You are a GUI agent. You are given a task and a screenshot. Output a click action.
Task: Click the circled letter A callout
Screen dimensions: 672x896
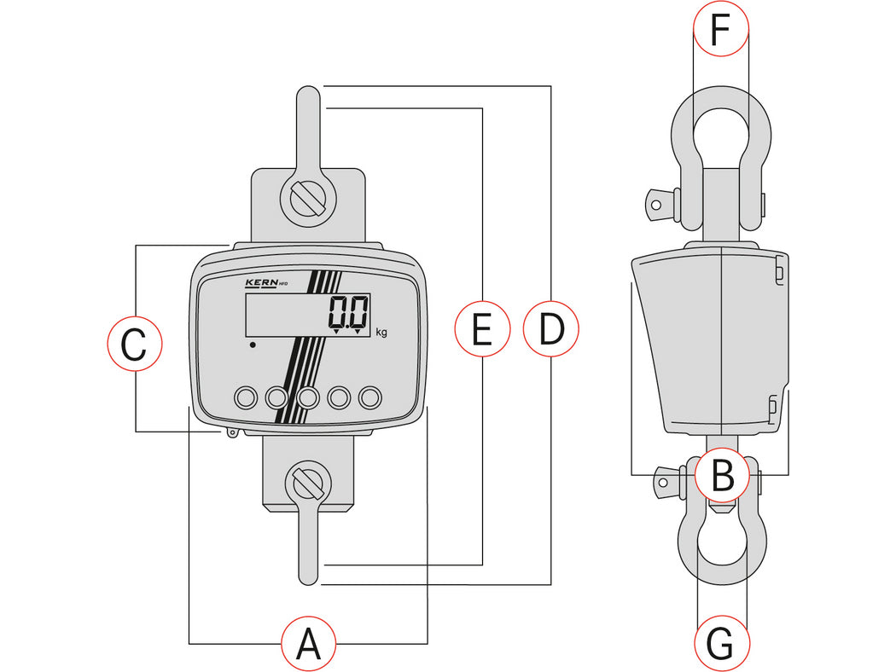[308, 643]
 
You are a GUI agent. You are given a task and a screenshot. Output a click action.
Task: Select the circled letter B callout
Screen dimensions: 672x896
[722, 475]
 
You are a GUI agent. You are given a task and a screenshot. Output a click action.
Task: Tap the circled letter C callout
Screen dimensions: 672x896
[134, 346]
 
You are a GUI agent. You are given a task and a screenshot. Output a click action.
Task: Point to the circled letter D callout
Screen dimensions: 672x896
[551, 328]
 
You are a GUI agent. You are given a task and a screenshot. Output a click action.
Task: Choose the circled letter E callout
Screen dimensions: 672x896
[482, 328]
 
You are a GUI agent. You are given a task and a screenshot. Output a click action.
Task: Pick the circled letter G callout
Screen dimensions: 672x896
[721, 644]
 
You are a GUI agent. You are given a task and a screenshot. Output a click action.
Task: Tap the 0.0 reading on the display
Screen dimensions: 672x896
[349, 312]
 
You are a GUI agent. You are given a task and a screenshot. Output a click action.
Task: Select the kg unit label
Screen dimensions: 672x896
[381, 333]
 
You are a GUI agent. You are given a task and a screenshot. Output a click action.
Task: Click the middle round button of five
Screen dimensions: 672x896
[308, 397]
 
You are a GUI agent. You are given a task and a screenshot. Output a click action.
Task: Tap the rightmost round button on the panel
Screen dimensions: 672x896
[370, 397]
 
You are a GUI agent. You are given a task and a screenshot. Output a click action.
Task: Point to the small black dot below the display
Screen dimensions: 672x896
[253, 345]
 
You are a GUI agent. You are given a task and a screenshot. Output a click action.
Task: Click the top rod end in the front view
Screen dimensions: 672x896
[309, 98]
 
